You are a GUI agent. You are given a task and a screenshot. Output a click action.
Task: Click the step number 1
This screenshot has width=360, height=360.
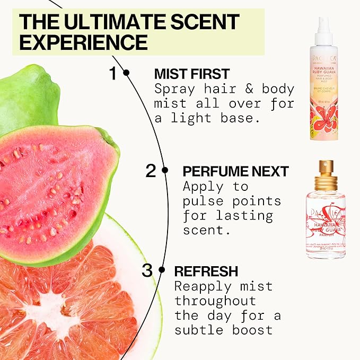coord(112,74)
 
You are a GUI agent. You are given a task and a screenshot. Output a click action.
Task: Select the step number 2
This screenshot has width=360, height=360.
coord(151,171)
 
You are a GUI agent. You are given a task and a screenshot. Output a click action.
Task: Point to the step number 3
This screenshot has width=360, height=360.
coord(147,270)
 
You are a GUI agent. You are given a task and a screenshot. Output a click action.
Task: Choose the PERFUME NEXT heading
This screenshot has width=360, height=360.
coord(235,171)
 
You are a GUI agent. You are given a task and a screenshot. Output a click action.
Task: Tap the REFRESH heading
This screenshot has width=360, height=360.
coord(206,271)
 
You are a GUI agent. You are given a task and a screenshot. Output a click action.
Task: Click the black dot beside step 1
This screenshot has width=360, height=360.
coord(126,73)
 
